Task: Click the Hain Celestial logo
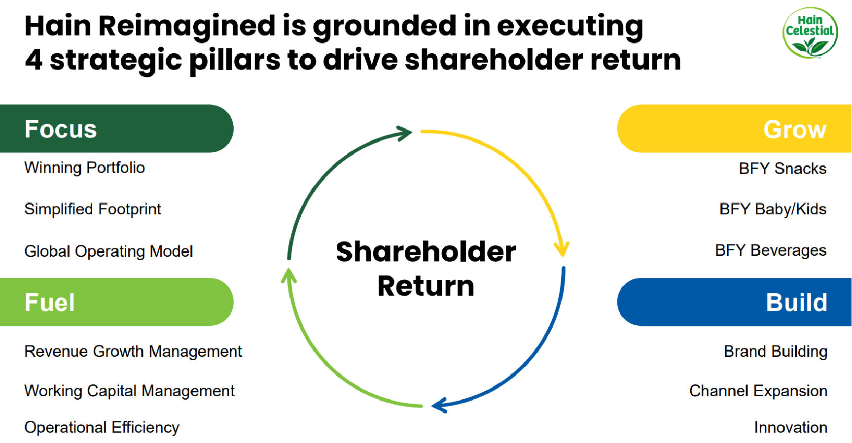tap(810, 33)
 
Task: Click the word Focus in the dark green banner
tap(61, 129)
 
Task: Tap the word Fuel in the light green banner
tap(50, 303)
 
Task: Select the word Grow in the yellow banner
tap(794, 130)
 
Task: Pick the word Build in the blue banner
tap(796, 303)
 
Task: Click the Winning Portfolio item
tap(85, 168)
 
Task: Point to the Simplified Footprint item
tap(93, 209)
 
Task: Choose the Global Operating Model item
tap(108, 251)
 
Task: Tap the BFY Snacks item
tap(782, 169)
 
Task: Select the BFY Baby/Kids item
tap(773, 209)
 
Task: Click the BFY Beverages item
tap(771, 251)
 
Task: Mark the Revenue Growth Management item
tap(133, 351)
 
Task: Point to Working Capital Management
tap(129, 391)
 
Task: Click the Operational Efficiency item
tap(102, 427)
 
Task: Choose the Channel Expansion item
tap(758, 391)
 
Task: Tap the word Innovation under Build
tap(790, 427)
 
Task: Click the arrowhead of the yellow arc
tap(562, 249)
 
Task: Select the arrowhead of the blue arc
tap(439, 406)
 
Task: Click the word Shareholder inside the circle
tap(426, 252)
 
